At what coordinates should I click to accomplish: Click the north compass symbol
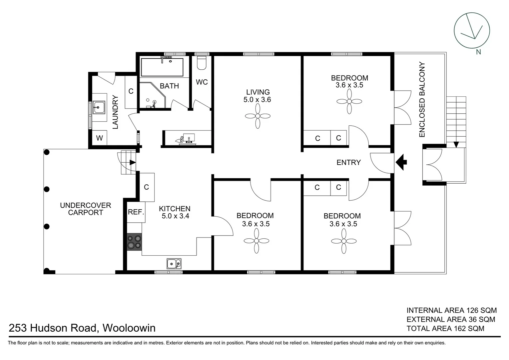tap(472, 30)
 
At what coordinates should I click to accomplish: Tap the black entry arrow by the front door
tap(401, 162)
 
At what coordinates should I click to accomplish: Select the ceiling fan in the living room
tap(257, 116)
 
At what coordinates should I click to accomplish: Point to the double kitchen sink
tap(174, 264)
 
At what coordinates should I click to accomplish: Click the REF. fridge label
tap(136, 212)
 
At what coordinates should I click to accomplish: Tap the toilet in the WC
tap(202, 63)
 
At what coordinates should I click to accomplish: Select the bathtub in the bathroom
tap(162, 67)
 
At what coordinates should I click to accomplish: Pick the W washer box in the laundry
tap(99, 138)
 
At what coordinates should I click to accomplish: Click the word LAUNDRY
tap(115, 112)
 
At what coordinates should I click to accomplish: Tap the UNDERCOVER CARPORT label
tap(86, 209)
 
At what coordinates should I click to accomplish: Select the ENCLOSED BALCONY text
tap(422, 99)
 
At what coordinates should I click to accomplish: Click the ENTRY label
tap(348, 162)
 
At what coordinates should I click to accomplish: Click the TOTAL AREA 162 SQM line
tap(445, 328)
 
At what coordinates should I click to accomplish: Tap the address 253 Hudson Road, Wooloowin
tap(82, 328)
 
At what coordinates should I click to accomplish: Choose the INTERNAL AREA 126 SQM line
tap(451, 310)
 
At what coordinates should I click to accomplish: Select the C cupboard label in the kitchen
tap(146, 187)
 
